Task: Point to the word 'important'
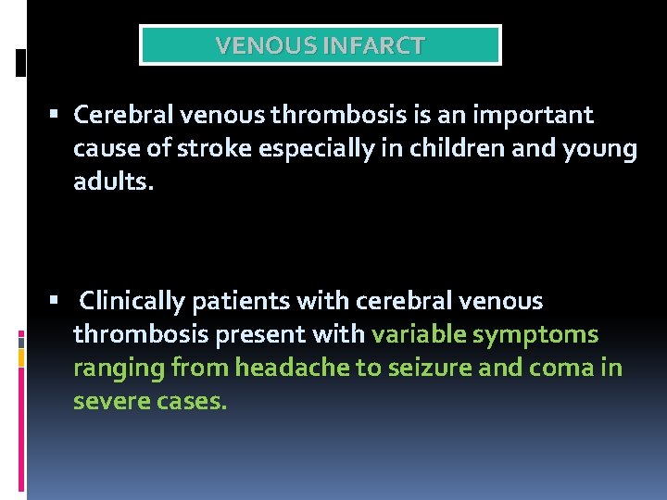pyautogui.click(x=532, y=116)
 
